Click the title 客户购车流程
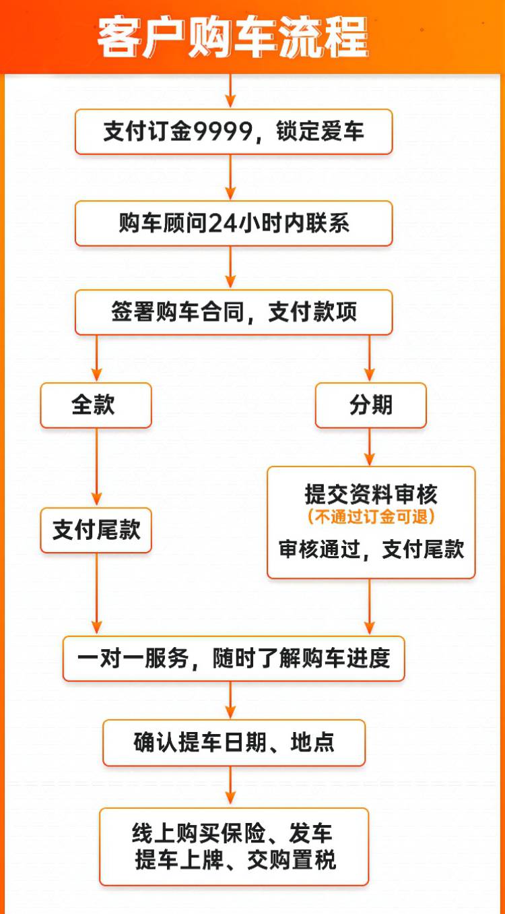tap(232, 37)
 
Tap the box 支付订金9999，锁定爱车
tap(233, 131)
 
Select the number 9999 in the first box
tap(222, 131)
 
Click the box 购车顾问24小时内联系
tap(233, 223)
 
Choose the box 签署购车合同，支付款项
tap(233, 312)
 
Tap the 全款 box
tap(96, 405)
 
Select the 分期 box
tap(370, 405)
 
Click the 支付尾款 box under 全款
tap(96, 530)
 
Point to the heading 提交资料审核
tap(371, 495)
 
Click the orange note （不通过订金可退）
tap(371, 517)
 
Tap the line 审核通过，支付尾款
tap(371, 549)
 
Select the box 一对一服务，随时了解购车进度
tap(234, 659)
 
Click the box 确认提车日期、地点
tap(234, 743)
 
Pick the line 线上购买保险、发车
tap(233, 834)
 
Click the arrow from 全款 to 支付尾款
tap(97, 467)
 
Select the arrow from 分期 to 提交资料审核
tap(370, 447)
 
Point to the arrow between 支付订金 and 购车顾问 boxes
tap(231, 177)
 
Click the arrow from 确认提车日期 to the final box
tap(231, 787)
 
